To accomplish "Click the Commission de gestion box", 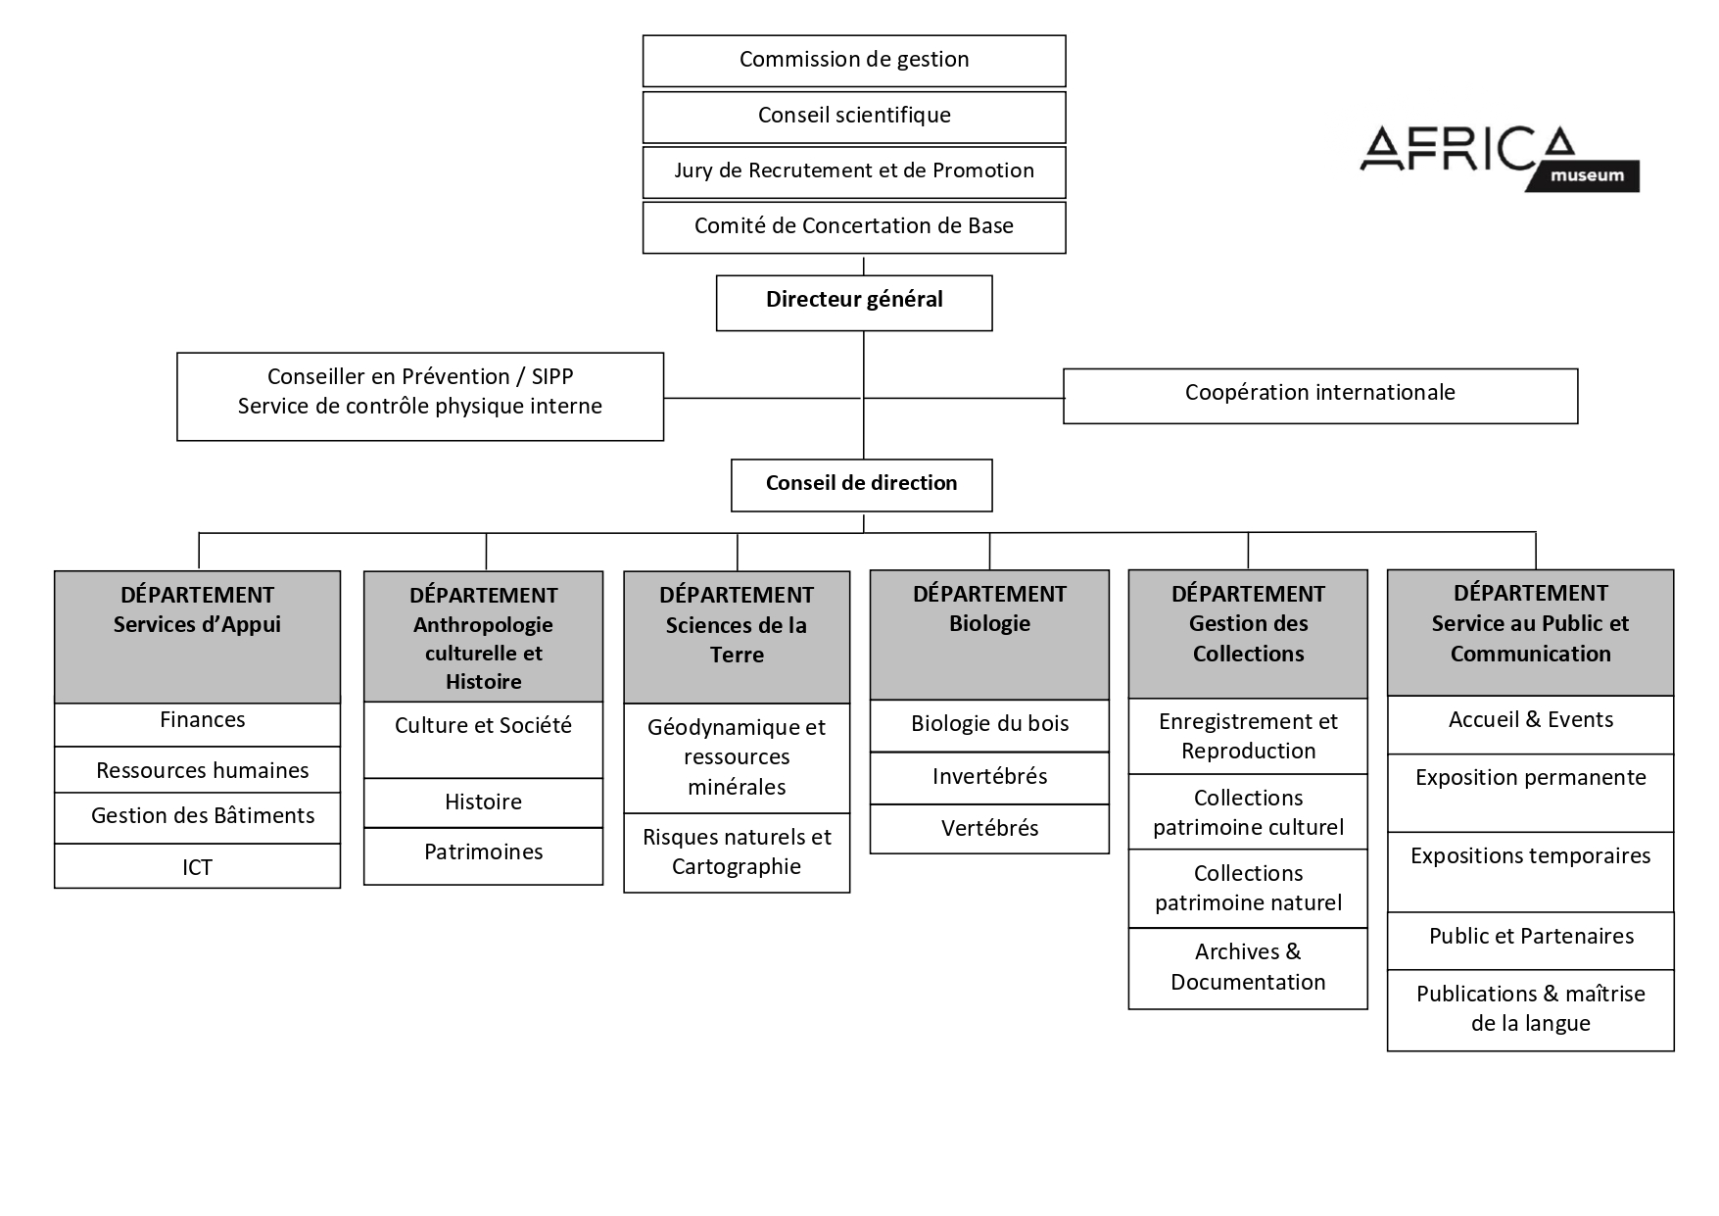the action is [854, 61].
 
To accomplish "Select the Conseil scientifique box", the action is [854, 117].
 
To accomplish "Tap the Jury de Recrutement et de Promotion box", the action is [854, 172].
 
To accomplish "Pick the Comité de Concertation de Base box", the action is [854, 227].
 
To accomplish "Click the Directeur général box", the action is [854, 303].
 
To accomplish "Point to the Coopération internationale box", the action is [1320, 396].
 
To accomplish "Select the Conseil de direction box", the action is [861, 485].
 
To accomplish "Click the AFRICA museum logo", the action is [1500, 158].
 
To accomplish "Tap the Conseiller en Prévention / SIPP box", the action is [420, 397].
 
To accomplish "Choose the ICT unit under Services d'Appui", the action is [197, 866].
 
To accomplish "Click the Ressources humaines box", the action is [197, 770].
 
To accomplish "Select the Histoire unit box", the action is [483, 803].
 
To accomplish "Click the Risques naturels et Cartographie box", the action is [737, 852].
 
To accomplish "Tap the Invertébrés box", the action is [989, 778].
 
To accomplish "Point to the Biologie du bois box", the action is [989, 725].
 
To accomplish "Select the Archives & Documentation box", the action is [1248, 968].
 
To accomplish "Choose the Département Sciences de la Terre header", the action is [737, 637].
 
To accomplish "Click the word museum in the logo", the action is [1587, 176].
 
